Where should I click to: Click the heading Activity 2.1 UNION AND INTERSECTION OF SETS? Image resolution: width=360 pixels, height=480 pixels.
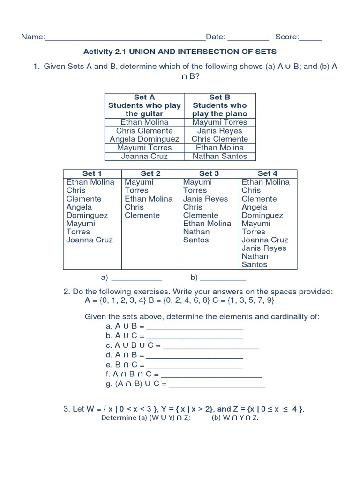[x=180, y=51]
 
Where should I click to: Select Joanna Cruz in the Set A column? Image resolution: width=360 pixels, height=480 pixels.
[x=144, y=156]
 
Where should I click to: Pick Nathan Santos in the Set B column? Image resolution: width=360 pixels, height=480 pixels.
[x=220, y=156]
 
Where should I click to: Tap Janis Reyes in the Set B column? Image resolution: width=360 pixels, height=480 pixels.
[x=220, y=131]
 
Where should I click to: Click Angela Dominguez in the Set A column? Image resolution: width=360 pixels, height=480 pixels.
[x=144, y=139]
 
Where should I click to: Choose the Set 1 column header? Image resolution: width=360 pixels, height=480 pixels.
[x=92, y=173]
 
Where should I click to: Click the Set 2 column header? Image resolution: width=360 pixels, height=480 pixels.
[x=150, y=173]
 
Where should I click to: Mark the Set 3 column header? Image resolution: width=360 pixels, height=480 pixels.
[x=209, y=173]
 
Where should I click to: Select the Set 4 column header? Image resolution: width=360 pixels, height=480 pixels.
[x=267, y=173]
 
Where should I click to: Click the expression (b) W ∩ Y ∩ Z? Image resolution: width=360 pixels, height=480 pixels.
[x=235, y=418]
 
